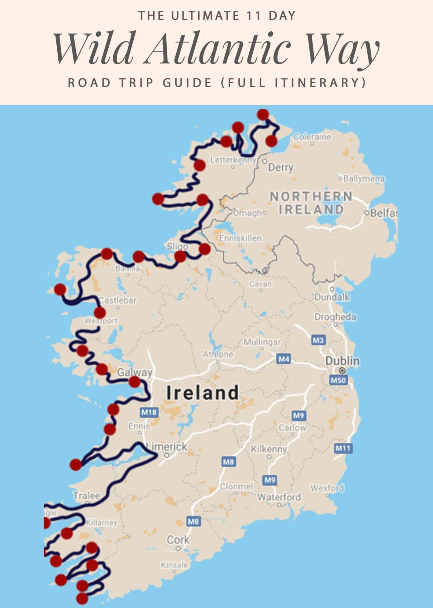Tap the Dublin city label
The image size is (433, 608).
coord(342,361)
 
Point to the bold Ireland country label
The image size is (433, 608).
coord(203,393)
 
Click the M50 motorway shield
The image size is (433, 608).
coord(338,380)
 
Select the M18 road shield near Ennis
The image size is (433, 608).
coord(148,412)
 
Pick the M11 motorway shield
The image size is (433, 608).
coord(343,448)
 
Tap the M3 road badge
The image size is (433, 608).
coord(318,340)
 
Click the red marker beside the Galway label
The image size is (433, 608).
coord(135,382)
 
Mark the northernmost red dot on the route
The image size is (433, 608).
coord(263,115)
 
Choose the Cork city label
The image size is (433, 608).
coord(178,540)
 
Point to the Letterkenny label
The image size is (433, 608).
coord(233,160)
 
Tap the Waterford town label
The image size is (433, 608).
coord(279,497)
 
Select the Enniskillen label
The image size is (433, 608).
coord(240,238)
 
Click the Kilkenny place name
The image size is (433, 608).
coord(269,449)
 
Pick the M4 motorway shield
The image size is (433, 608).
coord(284,359)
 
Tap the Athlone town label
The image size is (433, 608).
coord(218,354)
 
